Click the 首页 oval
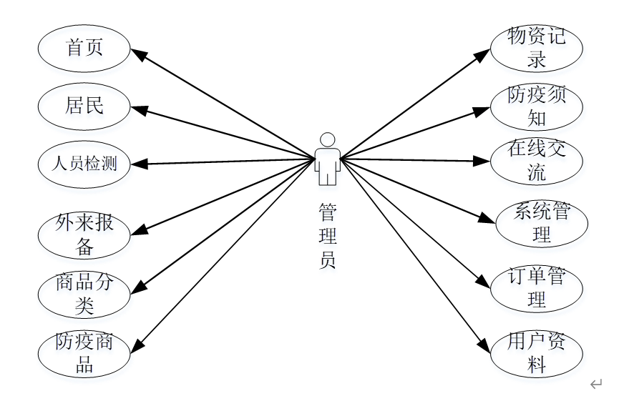tap(84, 49)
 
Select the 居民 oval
tap(84, 107)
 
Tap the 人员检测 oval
tap(84, 164)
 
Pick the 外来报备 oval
tap(84, 235)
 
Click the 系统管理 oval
tap(542, 224)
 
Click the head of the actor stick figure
tap(328, 139)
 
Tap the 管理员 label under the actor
tap(328, 236)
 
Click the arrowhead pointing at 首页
tap(138, 55)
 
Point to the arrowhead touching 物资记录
tap(484, 55)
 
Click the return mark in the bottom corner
tap(596, 385)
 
